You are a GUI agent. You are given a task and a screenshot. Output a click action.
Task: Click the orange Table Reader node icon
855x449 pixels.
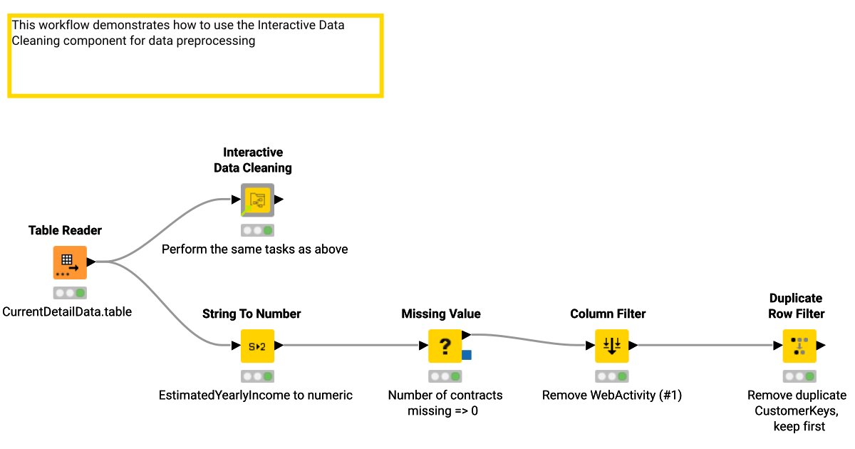pos(70,262)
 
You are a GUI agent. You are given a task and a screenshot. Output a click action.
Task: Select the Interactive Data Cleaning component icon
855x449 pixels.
pos(257,200)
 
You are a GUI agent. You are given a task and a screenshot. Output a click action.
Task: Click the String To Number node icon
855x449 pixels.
pos(257,346)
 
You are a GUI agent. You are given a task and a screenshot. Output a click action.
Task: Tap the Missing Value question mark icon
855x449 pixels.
pos(445,346)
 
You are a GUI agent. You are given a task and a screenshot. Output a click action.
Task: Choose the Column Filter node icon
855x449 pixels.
pos(611,346)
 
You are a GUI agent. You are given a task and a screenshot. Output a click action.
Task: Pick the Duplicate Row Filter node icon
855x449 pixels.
pos(799,346)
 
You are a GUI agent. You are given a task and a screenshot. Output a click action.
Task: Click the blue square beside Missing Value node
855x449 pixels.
pos(467,355)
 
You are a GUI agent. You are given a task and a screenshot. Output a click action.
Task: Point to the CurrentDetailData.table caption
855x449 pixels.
pos(67,312)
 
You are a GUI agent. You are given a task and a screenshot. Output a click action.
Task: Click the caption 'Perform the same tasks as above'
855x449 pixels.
pos(254,249)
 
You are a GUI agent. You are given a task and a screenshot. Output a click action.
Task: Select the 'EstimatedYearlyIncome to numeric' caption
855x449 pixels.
pos(255,396)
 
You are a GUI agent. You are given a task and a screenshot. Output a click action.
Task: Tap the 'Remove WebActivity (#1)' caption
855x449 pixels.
pos(611,396)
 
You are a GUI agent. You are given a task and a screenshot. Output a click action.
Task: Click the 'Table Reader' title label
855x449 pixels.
pos(65,230)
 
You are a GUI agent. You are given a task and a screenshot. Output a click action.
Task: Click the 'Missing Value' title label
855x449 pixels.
pos(440,314)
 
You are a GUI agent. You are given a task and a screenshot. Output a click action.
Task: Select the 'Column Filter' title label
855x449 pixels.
pos(608,314)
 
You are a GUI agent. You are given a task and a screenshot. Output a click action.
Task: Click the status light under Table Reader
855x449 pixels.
pos(70,293)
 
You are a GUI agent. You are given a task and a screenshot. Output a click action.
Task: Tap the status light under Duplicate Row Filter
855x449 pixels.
pos(799,376)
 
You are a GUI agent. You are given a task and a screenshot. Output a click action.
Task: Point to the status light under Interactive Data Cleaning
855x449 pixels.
pos(257,230)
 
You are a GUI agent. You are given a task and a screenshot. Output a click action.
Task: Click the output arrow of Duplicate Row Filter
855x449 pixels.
pos(821,346)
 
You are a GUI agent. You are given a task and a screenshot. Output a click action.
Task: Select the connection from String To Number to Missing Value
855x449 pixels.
pos(349,346)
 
